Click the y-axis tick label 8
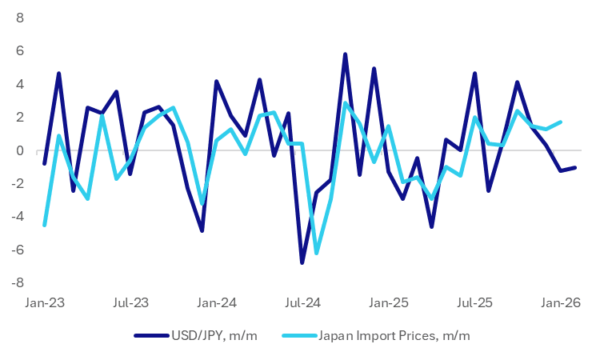[19, 18]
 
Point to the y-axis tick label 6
[19, 50]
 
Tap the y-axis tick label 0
[19, 150]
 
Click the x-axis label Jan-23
[44, 304]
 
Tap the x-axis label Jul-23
[130, 304]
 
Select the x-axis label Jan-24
[217, 304]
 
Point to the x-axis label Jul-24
[303, 304]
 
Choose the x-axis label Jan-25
[390, 304]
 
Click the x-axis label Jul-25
[475, 304]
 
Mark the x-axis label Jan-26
[562, 304]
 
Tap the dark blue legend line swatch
[150, 337]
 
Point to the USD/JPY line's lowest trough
[302, 262]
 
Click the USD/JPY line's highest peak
[345, 54]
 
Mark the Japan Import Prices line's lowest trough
[317, 253]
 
